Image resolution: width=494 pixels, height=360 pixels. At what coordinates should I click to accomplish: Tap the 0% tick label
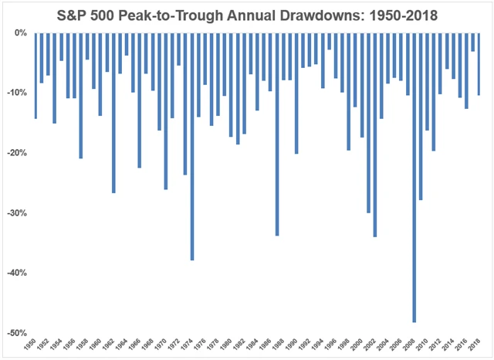[19, 33]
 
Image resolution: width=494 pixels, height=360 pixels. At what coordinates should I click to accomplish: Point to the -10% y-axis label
[15, 93]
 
